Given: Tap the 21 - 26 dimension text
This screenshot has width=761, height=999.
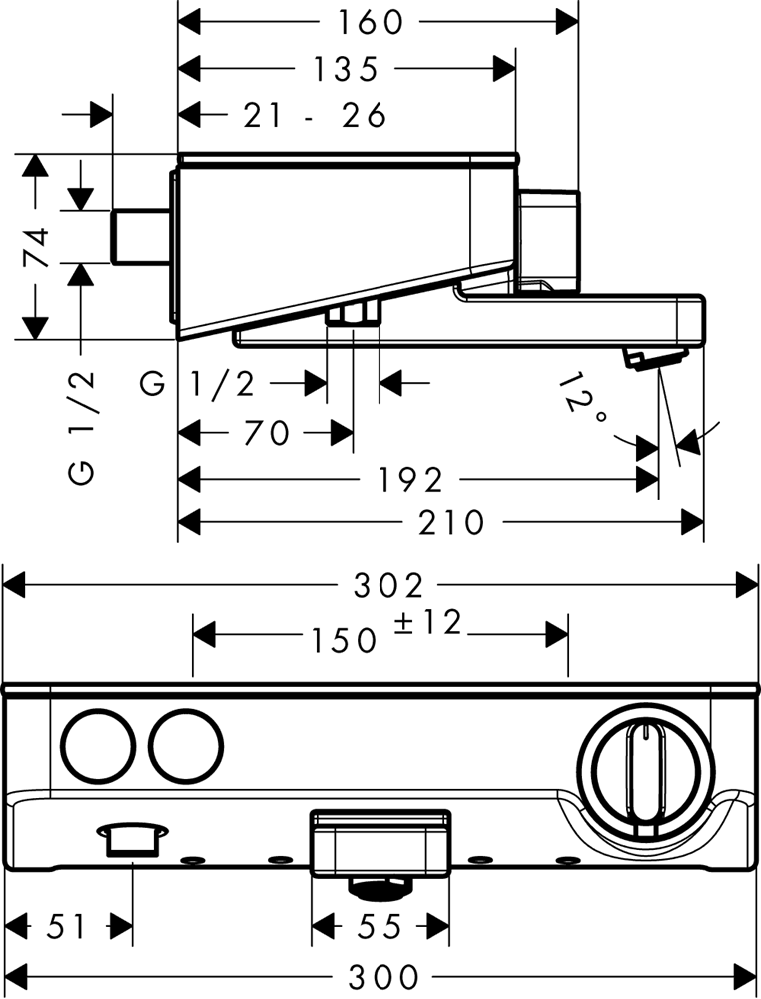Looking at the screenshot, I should [315, 116].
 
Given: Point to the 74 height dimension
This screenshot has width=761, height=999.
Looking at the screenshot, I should [37, 247].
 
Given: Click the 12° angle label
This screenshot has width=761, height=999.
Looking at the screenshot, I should [585, 400].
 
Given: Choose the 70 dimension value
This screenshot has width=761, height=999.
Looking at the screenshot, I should [265, 433].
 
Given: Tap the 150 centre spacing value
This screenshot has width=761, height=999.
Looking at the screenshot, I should [343, 638].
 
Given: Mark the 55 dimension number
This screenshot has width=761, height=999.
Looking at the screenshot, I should [379, 927].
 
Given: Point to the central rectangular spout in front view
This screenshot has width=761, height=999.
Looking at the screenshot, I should [380, 840].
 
